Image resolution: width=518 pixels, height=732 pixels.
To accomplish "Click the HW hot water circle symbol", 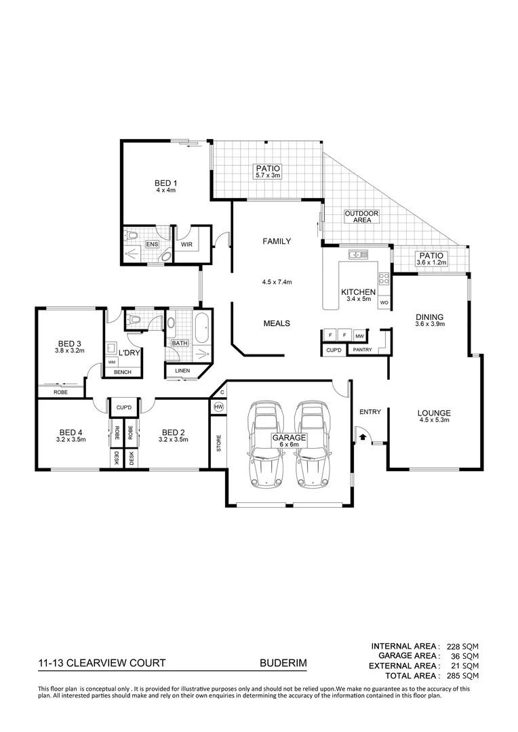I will pos(218,407).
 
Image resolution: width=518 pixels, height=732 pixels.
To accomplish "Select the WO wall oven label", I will pos(383,302).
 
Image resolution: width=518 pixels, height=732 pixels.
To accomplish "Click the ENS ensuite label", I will pos(152,244).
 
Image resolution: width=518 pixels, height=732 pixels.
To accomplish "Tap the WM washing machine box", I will pos(111,363).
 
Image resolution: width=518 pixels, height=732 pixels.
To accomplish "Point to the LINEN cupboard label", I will pos(182,371).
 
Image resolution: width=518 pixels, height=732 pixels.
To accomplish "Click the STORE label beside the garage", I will pos(218,445).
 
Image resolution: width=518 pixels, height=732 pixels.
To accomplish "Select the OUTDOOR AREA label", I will pos(361,217).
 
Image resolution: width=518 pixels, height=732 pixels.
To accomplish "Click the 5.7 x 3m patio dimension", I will pos(268,176).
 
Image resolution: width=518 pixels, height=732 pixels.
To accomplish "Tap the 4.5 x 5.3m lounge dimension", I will pos(434,420).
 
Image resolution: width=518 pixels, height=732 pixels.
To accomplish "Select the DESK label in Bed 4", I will pos(116,460).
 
